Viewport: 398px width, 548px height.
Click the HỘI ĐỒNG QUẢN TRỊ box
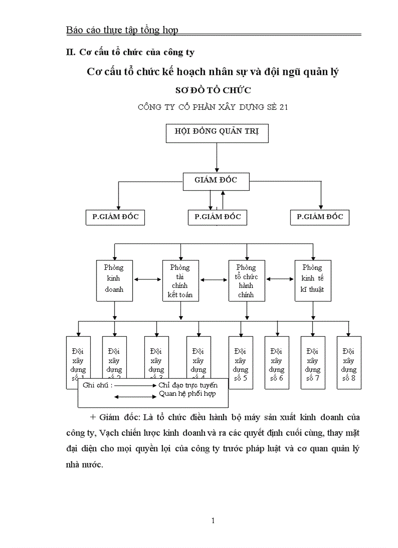coord(217,133)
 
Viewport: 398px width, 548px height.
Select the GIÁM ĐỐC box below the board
coord(216,181)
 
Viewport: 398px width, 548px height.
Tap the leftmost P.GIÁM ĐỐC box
coord(115,217)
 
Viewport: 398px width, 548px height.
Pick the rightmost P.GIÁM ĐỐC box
coord(320,217)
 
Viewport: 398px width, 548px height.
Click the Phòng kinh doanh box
coord(114,280)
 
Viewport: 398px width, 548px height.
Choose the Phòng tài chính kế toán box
coord(180,280)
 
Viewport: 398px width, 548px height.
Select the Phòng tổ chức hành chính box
coord(246,280)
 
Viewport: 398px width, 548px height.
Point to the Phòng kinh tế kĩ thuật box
coord(313,280)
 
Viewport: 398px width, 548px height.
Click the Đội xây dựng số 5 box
coord(240,363)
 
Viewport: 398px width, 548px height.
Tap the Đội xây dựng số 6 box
coord(277,363)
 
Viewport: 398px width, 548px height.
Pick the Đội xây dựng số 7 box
coord(313,363)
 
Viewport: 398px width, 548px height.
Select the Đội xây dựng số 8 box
coord(349,363)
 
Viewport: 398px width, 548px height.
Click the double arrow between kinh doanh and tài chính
coord(147,280)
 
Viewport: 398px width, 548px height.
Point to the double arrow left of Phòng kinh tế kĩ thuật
coord(279,280)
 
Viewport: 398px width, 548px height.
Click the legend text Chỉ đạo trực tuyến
coord(188,386)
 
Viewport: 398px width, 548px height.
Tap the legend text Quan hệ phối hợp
coord(187,393)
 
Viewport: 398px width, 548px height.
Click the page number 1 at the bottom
coord(213,521)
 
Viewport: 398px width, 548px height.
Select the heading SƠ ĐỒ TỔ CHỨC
coord(213,90)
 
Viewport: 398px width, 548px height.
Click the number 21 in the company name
coord(283,107)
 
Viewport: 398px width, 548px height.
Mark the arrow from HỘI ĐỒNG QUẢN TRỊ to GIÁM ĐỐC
coord(218,157)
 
